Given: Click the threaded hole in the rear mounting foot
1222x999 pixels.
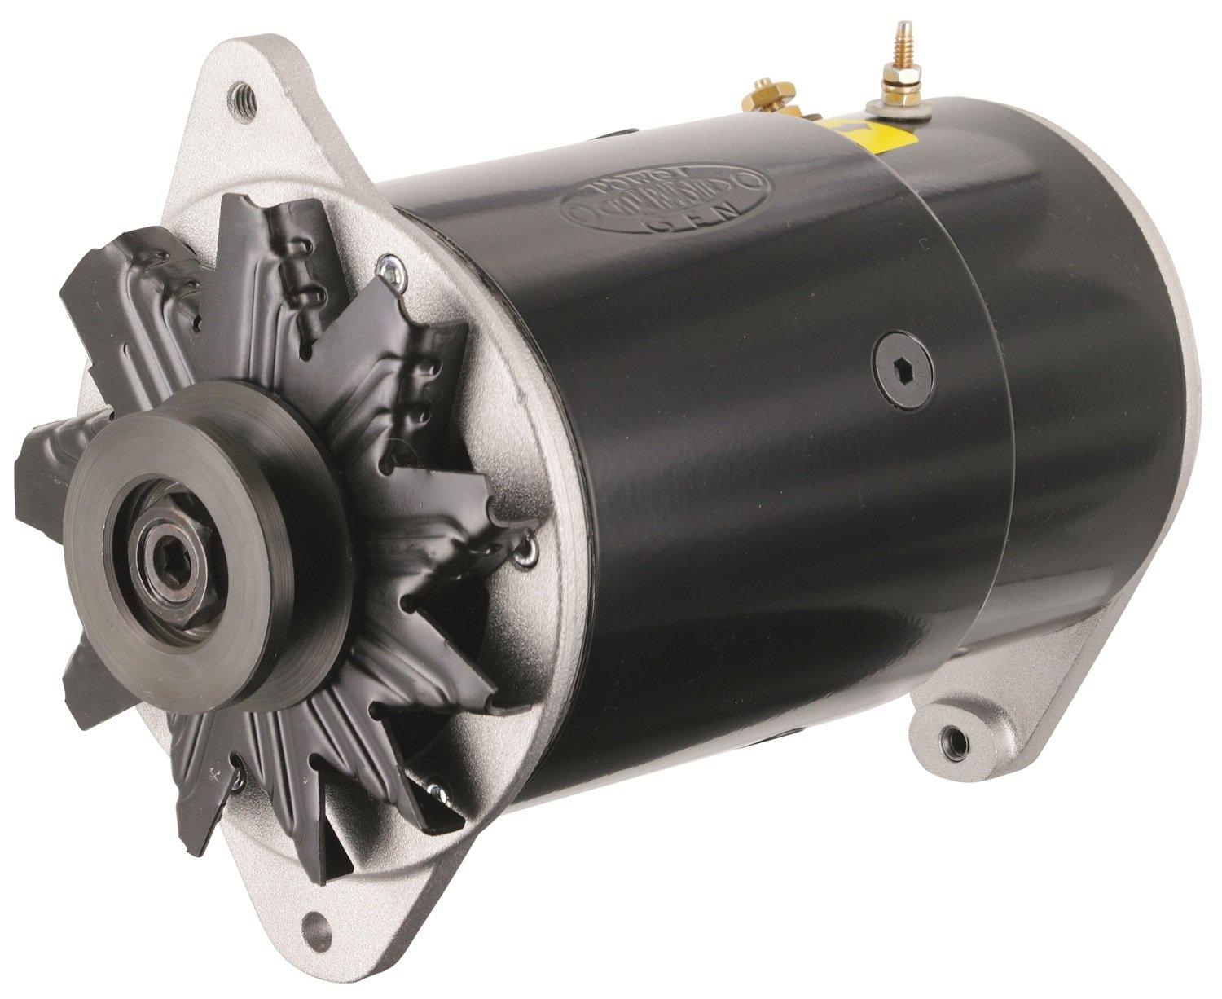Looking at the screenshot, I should [947, 742].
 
